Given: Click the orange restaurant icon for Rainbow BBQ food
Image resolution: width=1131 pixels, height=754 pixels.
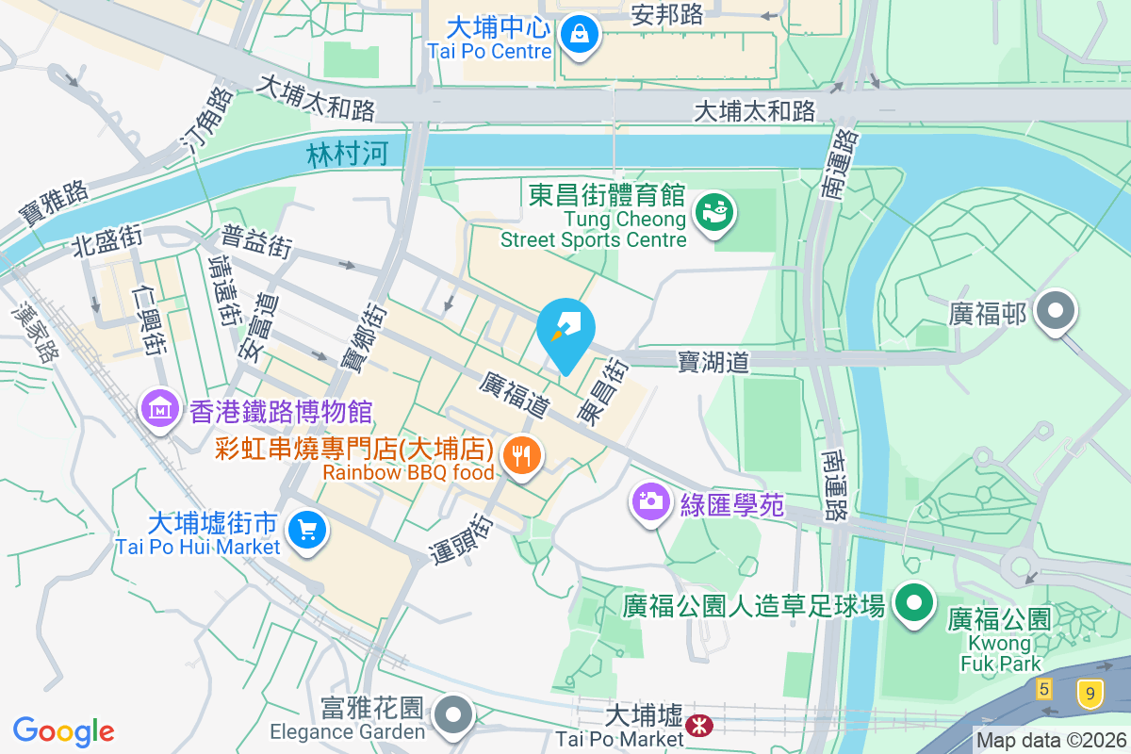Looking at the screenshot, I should (x=521, y=458).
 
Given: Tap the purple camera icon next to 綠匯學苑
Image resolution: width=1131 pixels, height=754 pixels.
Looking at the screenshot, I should (x=650, y=500).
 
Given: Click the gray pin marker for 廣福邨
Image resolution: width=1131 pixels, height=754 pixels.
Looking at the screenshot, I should (x=1055, y=311).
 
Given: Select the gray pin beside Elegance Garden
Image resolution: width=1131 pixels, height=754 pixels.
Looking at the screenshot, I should (x=454, y=714).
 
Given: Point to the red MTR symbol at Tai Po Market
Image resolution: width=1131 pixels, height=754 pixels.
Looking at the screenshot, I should (x=698, y=725).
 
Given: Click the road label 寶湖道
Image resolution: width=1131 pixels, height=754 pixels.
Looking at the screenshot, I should (x=713, y=362).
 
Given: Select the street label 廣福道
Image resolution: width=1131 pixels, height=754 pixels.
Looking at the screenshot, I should (x=515, y=395).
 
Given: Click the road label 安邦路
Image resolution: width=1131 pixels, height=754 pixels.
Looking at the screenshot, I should (x=668, y=14).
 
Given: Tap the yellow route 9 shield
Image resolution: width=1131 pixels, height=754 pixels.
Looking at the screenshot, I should (x=1090, y=696).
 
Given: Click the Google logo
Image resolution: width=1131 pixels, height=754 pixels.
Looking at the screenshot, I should (x=63, y=730).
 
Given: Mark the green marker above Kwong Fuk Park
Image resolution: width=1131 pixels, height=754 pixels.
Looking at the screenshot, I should (x=912, y=604).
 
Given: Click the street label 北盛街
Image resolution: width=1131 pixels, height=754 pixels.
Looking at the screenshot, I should (x=107, y=242).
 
